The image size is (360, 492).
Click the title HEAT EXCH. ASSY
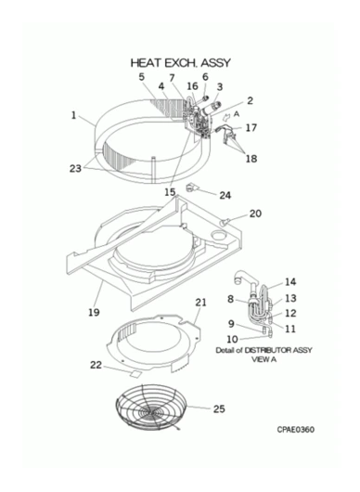tap(180, 63)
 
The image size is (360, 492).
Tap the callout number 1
tap(73, 115)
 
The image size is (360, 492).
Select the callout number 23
tap(75, 169)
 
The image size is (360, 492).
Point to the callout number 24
tap(225, 195)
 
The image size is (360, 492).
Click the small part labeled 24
tap(191, 188)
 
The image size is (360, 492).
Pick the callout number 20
tap(255, 214)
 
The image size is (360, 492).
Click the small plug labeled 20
tap(223, 223)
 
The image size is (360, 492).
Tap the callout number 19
tap(94, 312)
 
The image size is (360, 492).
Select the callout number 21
tap(200, 303)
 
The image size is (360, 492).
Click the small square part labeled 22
tap(135, 373)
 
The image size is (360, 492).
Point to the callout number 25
tap(219, 408)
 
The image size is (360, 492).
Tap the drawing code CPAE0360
tap(295, 429)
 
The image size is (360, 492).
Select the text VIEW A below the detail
tap(264, 359)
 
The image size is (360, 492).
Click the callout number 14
tap(290, 282)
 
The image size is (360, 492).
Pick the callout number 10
tap(232, 339)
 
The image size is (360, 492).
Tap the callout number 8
tap(230, 299)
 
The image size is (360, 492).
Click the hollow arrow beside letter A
tap(225, 119)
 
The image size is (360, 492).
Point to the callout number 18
tap(251, 159)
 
